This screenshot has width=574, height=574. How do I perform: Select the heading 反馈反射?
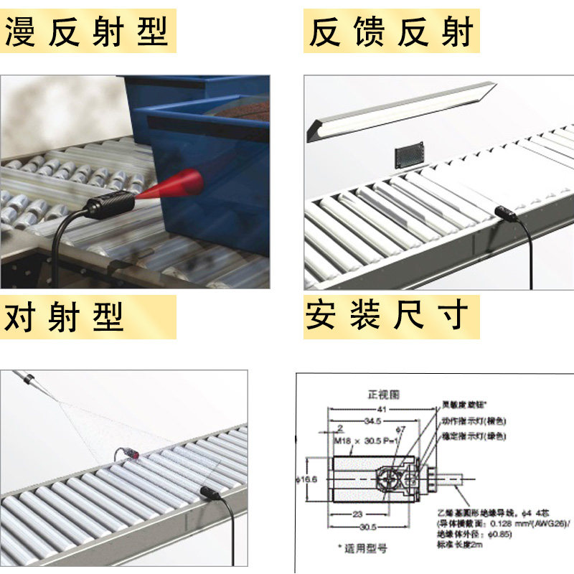pos(391,33)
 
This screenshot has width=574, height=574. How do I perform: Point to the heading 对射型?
pos(65,316)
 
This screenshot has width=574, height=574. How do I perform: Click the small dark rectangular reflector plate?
pos(409,157)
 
